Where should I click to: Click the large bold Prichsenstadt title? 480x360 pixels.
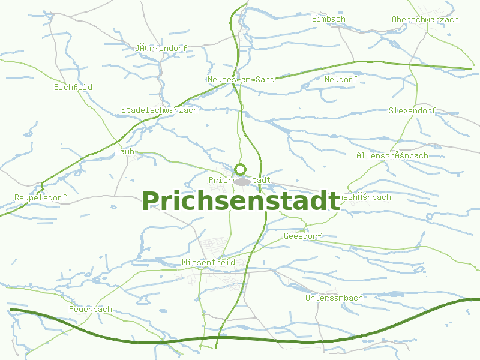point(241,201)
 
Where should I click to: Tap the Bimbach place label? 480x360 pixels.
point(329,19)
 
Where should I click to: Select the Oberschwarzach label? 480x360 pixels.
point(425,19)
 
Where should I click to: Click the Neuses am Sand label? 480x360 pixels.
point(241,79)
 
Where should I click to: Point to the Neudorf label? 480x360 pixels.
point(340,79)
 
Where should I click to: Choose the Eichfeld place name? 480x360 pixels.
point(73,87)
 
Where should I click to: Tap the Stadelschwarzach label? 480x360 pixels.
point(159,110)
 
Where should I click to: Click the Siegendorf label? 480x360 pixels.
point(412,110)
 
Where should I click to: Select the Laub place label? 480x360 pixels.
point(124,152)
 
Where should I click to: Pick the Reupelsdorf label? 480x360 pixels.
point(40,197)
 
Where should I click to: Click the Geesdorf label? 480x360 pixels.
point(302,236)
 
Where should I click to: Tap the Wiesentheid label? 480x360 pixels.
point(208,262)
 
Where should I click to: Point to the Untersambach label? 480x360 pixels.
point(334,298)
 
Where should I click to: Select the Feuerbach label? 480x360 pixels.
point(90,309)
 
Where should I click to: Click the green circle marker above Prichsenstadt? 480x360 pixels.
point(241,169)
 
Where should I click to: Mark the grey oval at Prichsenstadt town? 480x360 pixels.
point(242,181)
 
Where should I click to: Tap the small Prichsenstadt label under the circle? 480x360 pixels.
point(239,180)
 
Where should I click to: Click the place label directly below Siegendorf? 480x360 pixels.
point(392,155)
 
